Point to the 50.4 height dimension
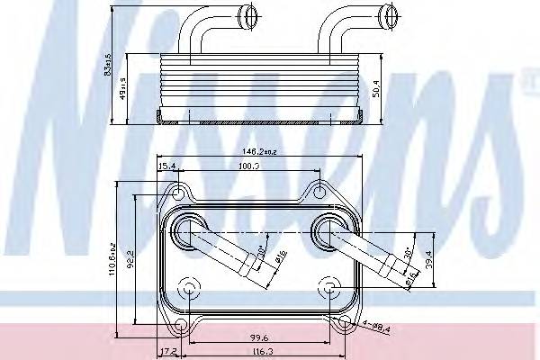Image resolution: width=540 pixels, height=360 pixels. (382, 91)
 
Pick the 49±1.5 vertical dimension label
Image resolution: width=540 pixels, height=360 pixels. (122, 91)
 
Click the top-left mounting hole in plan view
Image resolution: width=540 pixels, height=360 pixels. (179, 192)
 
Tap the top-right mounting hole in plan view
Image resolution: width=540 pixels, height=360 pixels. (319, 191)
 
